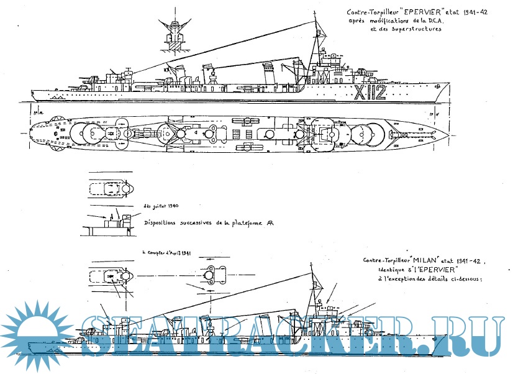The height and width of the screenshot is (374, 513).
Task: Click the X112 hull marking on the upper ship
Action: pyautogui.click(x=371, y=93)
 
